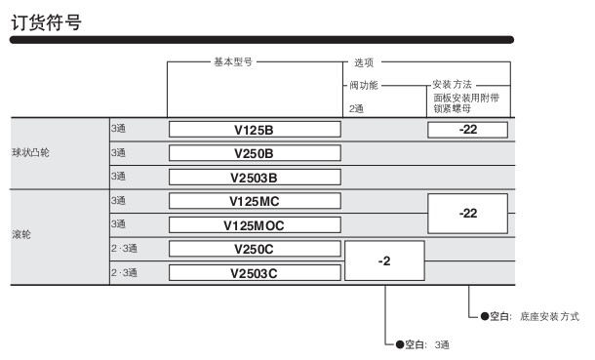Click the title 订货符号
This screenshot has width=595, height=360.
click(46, 22)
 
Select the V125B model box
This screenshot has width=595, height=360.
click(255, 130)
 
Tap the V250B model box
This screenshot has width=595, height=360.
click(255, 153)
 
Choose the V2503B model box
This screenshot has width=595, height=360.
click(255, 178)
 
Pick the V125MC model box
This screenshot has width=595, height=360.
click(255, 201)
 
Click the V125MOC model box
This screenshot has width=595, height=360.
click(255, 225)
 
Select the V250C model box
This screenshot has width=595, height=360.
click(255, 249)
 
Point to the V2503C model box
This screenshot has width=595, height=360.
click(255, 273)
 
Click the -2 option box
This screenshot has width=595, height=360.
click(384, 260)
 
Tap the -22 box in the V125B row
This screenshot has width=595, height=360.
click(467, 130)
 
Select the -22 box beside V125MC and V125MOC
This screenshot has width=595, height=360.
click(467, 214)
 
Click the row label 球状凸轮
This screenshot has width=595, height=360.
click(31, 152)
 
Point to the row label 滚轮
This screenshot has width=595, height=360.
click(21, 234)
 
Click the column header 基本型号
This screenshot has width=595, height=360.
click(233, 61)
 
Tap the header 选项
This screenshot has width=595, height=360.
click(364, 62)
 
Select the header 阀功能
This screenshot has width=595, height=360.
click(364, 85)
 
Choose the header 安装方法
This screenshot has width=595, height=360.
click(452, 84)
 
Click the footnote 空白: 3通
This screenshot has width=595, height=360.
click(422, 344)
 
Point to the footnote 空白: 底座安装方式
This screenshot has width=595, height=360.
click(530, 316)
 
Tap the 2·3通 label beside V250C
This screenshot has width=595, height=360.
click(124, 249)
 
